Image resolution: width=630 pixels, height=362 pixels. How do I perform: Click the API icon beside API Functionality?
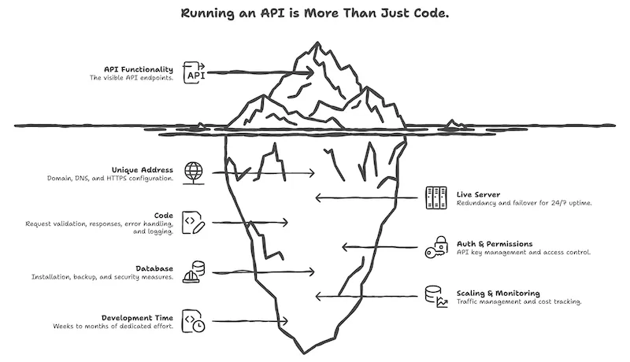click(194, 73)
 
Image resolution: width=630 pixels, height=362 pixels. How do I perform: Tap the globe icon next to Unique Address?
click(193, 171)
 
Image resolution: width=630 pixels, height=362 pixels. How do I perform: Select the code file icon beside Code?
click(193, 221)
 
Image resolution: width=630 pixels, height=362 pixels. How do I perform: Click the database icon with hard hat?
click(193, 271)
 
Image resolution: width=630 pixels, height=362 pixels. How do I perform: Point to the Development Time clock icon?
click(193, 320)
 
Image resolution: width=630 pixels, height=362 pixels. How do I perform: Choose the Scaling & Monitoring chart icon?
click(435, 296)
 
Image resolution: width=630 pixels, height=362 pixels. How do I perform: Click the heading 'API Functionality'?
click(138, 69)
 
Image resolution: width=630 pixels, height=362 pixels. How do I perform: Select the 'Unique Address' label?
click(142, 169)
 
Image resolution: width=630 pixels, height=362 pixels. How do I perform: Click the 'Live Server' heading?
click(479, 194)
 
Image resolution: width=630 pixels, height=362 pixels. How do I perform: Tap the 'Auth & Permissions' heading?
click(495, 244)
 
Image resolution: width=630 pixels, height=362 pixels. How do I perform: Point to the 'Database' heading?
click(155, 268)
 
